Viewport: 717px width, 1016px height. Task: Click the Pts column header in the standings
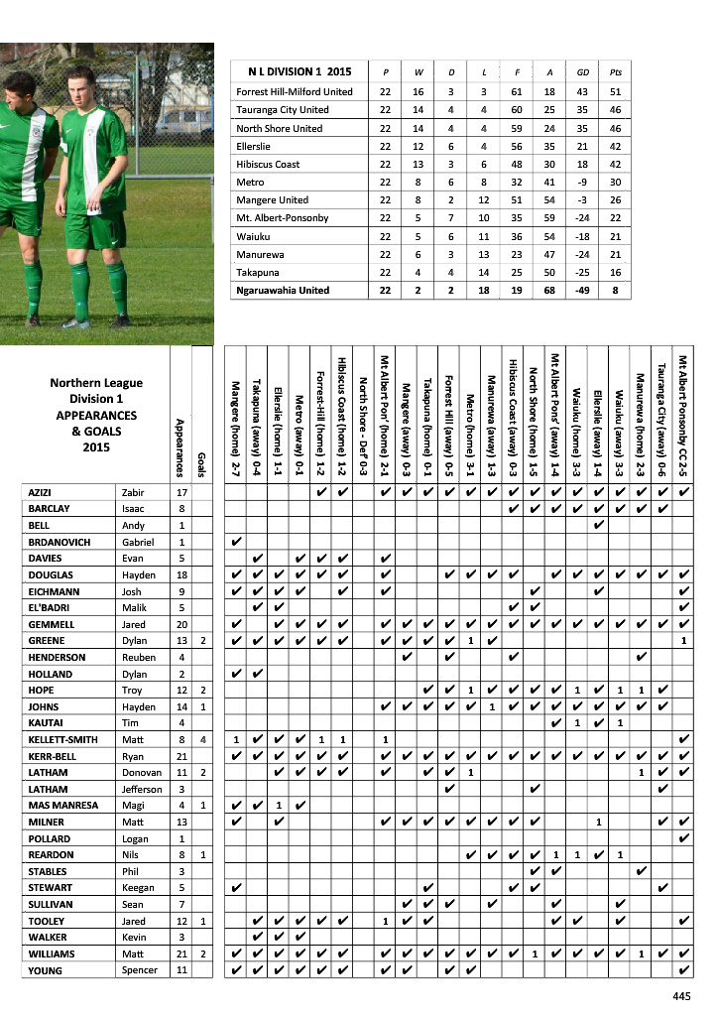click(x=617, y=72)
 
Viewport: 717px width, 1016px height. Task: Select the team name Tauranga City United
click(x=283, y=110)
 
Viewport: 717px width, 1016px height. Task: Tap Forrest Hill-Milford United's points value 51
click(x=617, y=92)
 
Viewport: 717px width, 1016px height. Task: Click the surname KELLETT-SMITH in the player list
click(x=60, y=740)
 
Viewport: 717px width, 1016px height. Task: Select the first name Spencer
click(x=140, y=970)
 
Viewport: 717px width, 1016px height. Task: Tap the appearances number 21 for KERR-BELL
click(x=181, y=757)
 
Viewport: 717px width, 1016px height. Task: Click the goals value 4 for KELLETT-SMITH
click(x=202, y=740)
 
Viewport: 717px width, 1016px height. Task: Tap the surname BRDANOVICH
click(x=64, y=543)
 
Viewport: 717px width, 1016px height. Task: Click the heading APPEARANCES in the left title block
click(x=96, y=415)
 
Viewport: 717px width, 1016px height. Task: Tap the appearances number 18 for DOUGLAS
click(x=181, y=575)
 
